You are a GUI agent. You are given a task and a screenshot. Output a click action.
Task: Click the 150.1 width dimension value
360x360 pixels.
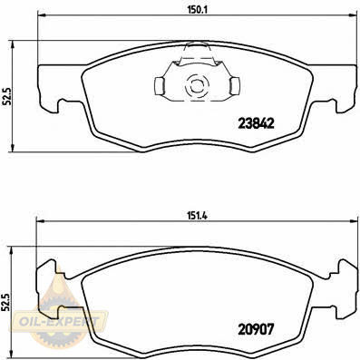(198, 9)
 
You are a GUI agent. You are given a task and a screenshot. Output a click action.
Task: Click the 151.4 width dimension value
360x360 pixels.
(198, 216)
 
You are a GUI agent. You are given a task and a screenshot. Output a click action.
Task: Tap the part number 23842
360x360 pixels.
(256, 123)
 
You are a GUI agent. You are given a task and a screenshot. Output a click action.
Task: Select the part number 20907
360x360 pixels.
(256, 329)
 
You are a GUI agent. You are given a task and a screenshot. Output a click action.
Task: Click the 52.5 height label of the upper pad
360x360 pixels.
(6, 96)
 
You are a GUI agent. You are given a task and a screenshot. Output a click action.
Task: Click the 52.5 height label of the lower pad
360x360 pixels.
(5, 302)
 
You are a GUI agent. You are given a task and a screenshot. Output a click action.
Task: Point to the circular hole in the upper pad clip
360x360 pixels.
(197, 85)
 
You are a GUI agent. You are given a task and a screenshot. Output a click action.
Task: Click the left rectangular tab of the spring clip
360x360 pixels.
(159, 86)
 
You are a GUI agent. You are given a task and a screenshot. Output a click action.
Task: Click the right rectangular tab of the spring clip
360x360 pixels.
(235, 86)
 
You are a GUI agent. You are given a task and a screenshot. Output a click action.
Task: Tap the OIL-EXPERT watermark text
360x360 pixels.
(59, 321)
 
